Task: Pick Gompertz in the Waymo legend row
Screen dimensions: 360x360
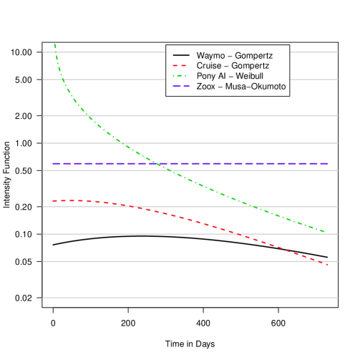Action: (251, 55)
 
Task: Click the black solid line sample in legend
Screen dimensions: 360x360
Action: (180, 55)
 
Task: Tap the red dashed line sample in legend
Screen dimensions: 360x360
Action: (180, 65)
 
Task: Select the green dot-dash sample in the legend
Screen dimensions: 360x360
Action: (180, 76)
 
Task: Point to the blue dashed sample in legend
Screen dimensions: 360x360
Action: (180, 87)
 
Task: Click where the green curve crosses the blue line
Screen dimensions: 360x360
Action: (158, 164)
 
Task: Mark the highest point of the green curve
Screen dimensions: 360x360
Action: (54, 45)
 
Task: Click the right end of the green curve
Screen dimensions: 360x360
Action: (326, 232)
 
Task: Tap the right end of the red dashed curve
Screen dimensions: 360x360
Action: (328, 265)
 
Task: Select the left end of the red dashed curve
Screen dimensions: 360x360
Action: (52, 200)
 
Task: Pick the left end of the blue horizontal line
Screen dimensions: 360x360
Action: (52, 164)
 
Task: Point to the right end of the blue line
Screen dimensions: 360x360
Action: (328, 164)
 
